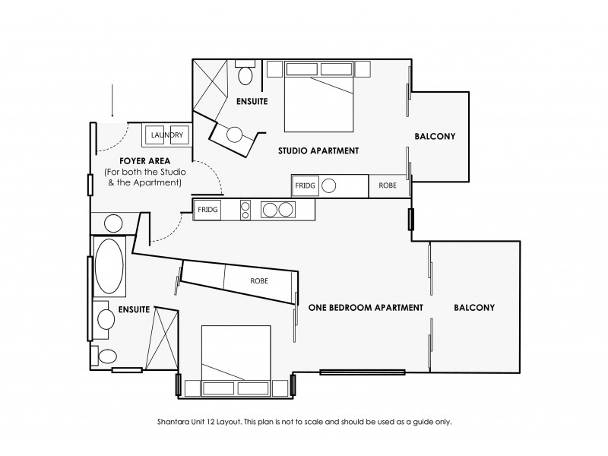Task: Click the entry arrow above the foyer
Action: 112,99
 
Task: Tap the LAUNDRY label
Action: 166,135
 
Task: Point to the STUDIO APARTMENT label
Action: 318,150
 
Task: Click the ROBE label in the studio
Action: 388,185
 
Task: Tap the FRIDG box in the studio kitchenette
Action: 305,185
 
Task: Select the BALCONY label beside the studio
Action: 435,137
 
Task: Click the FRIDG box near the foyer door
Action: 208,209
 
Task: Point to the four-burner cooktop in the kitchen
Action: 245,209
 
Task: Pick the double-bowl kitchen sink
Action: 276,209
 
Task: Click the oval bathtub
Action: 111,267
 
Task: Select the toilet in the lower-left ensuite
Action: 107,356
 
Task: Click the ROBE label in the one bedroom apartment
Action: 258,280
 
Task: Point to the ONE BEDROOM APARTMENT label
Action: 366,308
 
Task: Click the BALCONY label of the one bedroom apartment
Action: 474,308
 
